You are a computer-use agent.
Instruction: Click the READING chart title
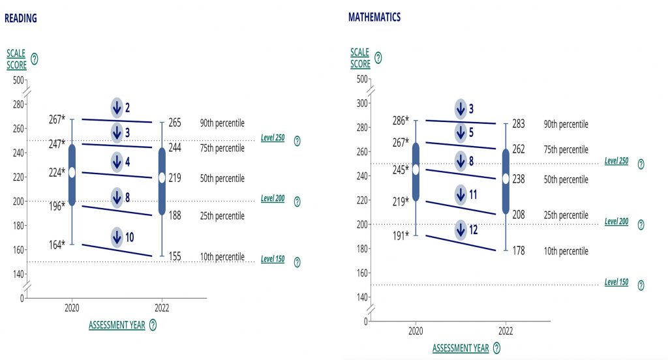[21, 18]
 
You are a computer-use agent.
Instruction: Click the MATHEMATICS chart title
[374, 17]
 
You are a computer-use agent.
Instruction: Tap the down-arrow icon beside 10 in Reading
[117, 237]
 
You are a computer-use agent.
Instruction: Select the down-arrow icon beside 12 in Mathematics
[461, 230]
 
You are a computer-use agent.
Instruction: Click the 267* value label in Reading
[57, 119]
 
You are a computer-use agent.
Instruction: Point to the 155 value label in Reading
[174, 257]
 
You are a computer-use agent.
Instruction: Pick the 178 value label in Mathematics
[518, 251]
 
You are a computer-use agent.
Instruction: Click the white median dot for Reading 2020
[72, 172]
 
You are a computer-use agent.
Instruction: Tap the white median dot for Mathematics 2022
[506, 178]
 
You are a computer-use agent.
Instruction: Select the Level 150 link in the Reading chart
[273, 259]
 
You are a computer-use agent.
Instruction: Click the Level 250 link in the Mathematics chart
[616, 160]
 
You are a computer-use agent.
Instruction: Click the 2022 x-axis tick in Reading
[162, 307]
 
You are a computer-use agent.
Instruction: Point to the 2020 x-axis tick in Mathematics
[416, 330]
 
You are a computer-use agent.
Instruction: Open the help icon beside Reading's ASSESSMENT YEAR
[153, 325]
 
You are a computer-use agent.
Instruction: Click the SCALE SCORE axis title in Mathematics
[360, 58]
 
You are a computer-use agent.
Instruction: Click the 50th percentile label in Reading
[222, 177]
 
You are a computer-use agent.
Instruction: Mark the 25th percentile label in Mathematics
[566, 215]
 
